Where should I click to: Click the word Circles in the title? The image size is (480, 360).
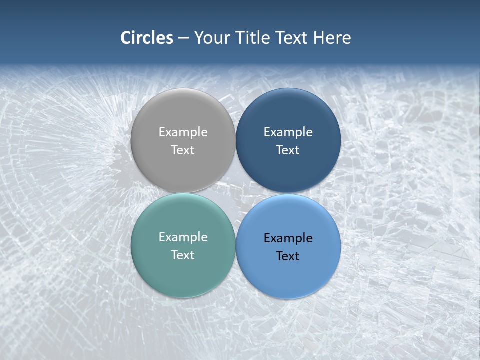click(147, 38)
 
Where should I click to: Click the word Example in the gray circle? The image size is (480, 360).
click(183, 132)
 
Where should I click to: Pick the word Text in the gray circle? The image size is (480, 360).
click(183, 150)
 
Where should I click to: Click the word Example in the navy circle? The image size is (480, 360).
click(288, 132)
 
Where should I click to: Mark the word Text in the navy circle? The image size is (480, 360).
click(288, 150)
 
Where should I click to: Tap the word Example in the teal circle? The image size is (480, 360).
click(183, 237)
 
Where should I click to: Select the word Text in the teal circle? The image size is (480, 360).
click(183, 255)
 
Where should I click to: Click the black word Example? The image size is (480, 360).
click(288, 238)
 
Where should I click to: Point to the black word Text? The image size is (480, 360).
click(288, 256)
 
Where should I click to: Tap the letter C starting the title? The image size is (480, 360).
click(126, 38)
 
